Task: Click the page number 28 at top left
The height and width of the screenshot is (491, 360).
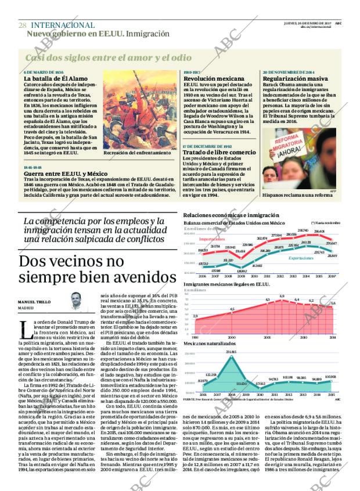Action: (22, 25)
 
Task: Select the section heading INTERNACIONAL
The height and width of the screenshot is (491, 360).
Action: (62, 25)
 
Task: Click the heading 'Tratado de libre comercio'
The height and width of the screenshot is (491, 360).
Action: (218, 152)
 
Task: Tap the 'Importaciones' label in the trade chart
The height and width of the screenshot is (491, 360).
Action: (212, 239)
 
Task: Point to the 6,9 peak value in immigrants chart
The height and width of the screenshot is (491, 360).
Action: (282, 296)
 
